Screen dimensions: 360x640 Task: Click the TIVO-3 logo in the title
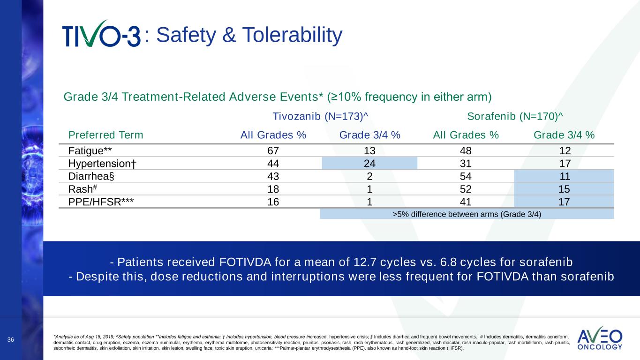[x=101, y=34]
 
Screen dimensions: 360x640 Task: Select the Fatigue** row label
[x=90, y=150]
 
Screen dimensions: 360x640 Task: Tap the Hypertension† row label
[x=102, y=163]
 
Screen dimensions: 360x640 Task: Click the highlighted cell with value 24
[x=369, y=163]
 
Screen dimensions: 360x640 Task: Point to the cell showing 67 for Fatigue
[x=273, y=150]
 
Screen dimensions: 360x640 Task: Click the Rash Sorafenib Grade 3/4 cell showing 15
[x=564, y=189]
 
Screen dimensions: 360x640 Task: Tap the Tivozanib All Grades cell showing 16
[x=273, y=202]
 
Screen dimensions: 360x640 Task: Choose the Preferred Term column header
[x=106, y=135]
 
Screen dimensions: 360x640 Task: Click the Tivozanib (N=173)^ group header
[x=323, y=116]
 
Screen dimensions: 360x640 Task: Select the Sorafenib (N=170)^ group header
[x=515, y=116]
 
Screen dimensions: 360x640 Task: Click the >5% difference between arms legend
[x=467, y=214]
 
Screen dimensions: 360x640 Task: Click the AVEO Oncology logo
[x=600, y=338]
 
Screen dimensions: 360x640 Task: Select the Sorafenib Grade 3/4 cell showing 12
[x=564, y=150]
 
